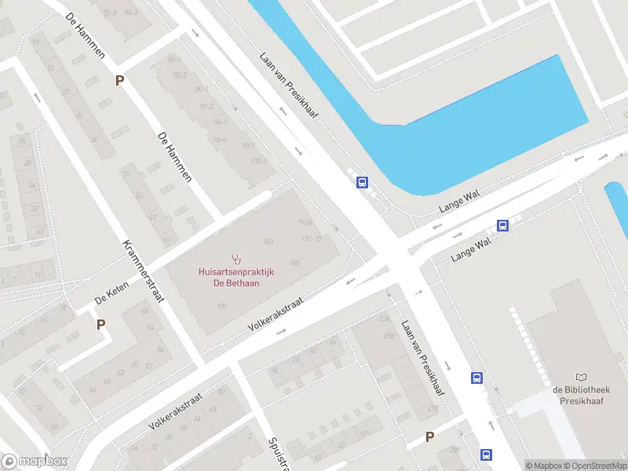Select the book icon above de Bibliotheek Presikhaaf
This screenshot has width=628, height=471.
point(581,378)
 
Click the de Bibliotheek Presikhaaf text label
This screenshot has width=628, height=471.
point(581,395)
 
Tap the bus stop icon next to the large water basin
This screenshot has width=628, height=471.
point(362,183)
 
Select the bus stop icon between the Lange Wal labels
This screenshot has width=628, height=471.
point(503,226)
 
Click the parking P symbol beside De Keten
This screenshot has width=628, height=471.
point(100,324)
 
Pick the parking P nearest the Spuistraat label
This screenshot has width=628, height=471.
point(429,437)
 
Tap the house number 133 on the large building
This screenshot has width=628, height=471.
point(268,241)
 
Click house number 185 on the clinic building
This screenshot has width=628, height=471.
point(295,262)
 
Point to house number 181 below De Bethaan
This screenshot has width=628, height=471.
point(222,306)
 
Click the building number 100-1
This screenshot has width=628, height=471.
point(259,162)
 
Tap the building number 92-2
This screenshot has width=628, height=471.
point(206,107)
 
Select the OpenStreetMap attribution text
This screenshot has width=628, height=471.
point(594,466)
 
